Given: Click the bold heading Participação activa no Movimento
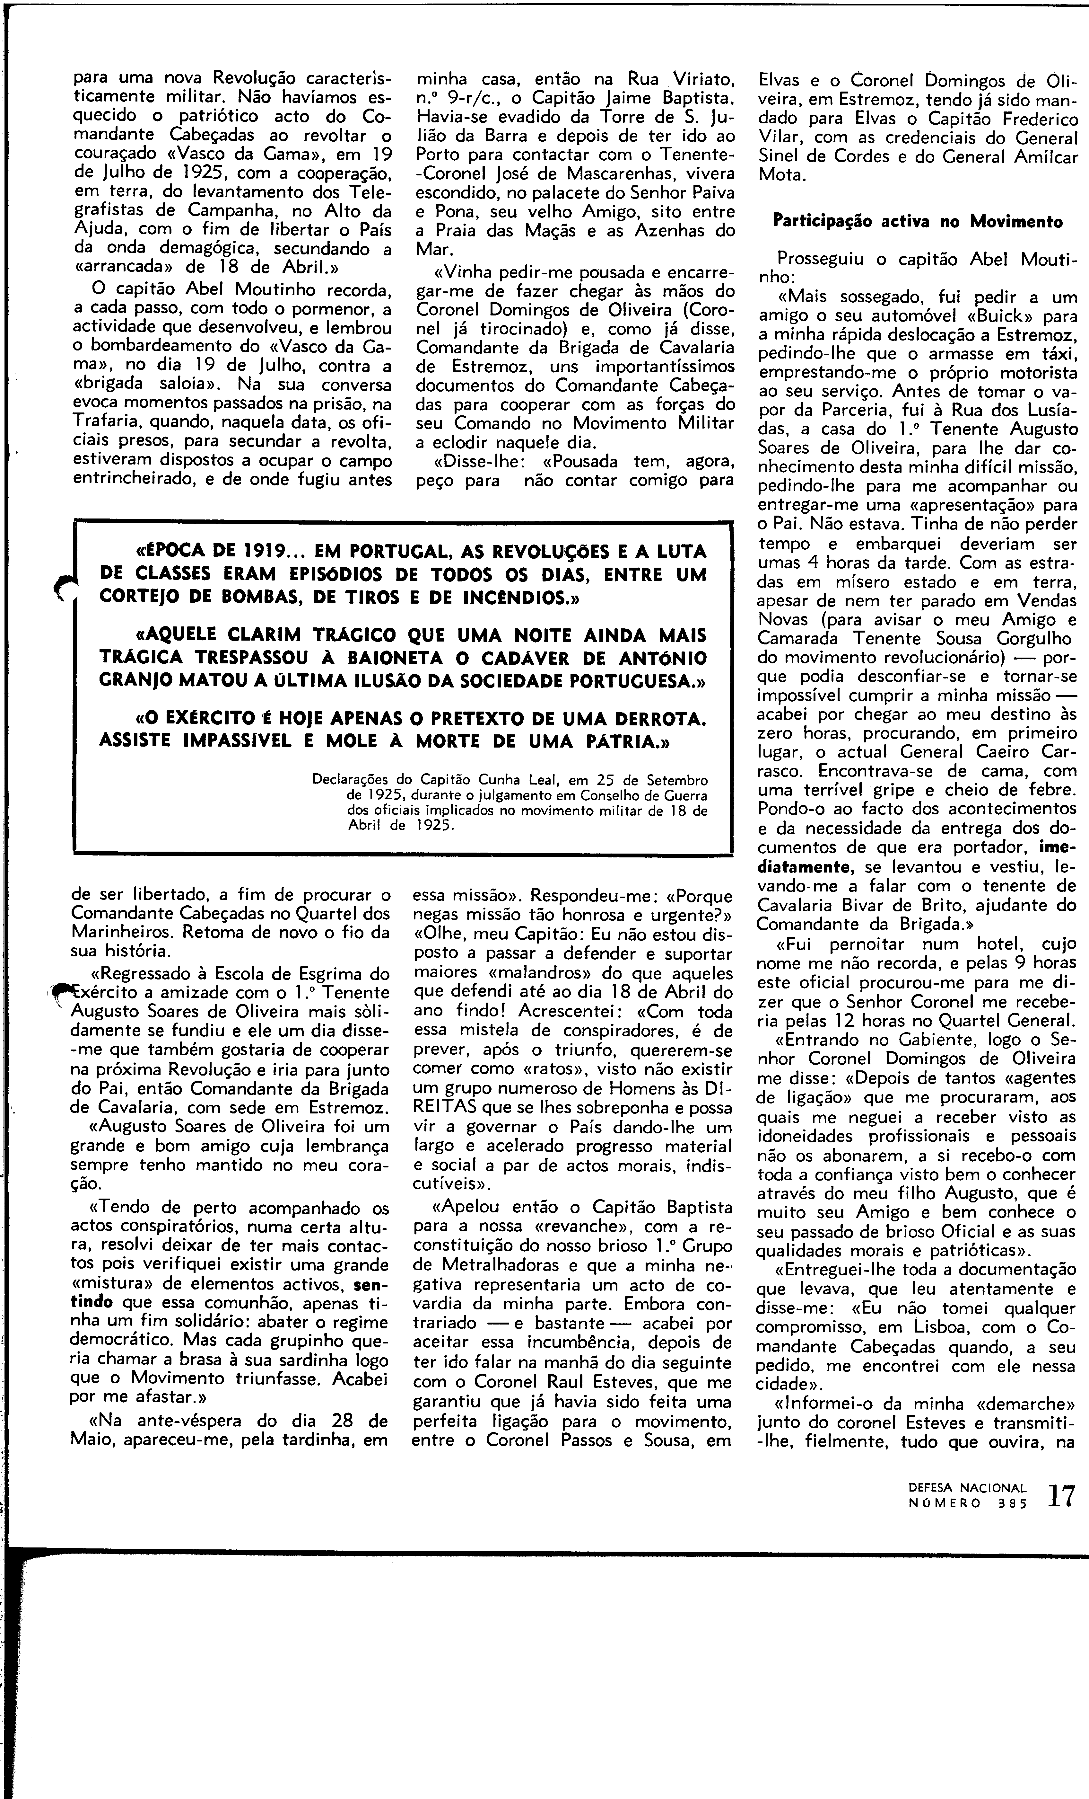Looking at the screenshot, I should tap(918, 222).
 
